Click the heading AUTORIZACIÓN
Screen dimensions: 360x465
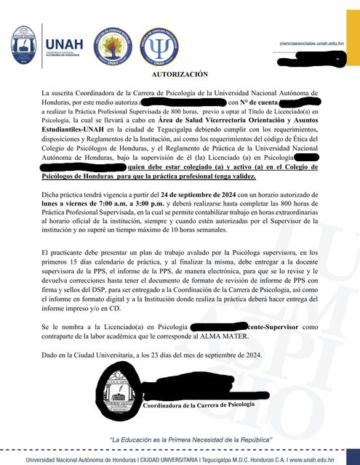click(180, 74)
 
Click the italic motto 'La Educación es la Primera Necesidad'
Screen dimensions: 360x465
click(180, 440)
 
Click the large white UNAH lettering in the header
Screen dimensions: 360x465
click(63, 36)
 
